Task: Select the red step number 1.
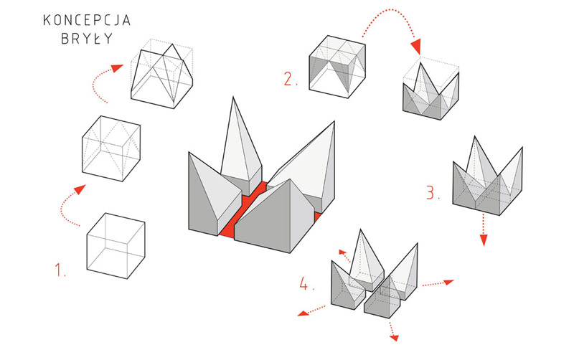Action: click(x=60, y=270)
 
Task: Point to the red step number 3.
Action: click(x=431, y=193)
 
